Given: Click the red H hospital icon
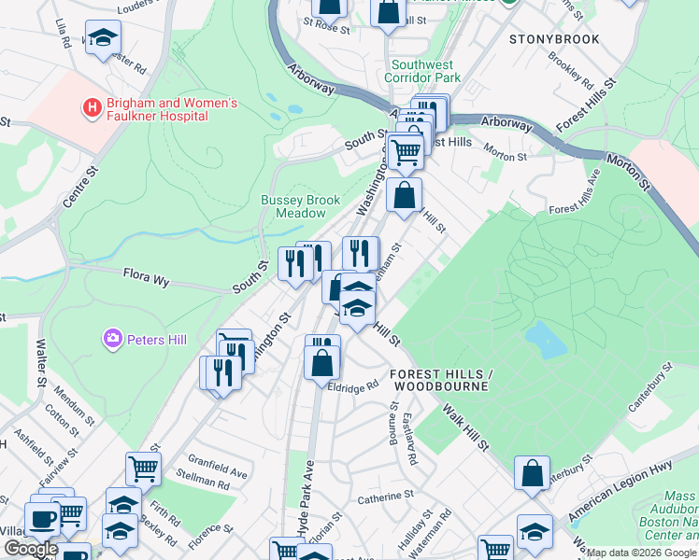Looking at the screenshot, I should (x=92, y=108).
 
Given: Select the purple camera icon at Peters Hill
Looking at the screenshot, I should (x=112, y=337).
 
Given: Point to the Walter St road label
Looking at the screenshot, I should (x=41, y=362).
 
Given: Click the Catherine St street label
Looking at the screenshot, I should (x=385, y=497).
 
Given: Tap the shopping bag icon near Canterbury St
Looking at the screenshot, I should (x=532, y=472).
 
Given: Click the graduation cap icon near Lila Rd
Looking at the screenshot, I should (x=103, y=37).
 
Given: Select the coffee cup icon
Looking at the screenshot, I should (x=42, y=518).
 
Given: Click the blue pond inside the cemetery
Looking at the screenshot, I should (x=546, y=341).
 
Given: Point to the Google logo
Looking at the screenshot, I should (x=30, y=549).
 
